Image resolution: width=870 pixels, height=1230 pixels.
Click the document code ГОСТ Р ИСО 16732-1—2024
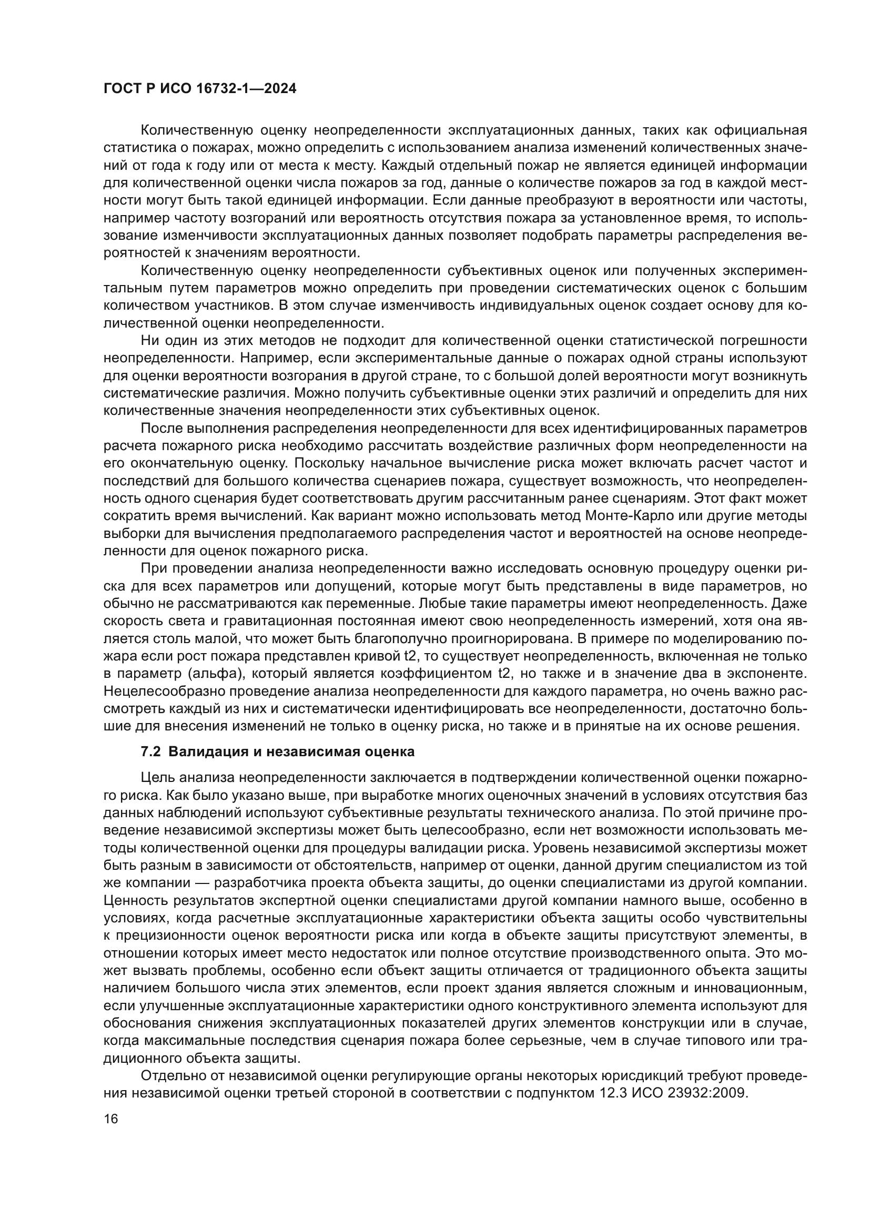point(199,89)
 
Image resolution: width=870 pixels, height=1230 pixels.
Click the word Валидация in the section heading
point(198,751)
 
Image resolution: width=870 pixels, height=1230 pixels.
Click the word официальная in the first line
point(761,130)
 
